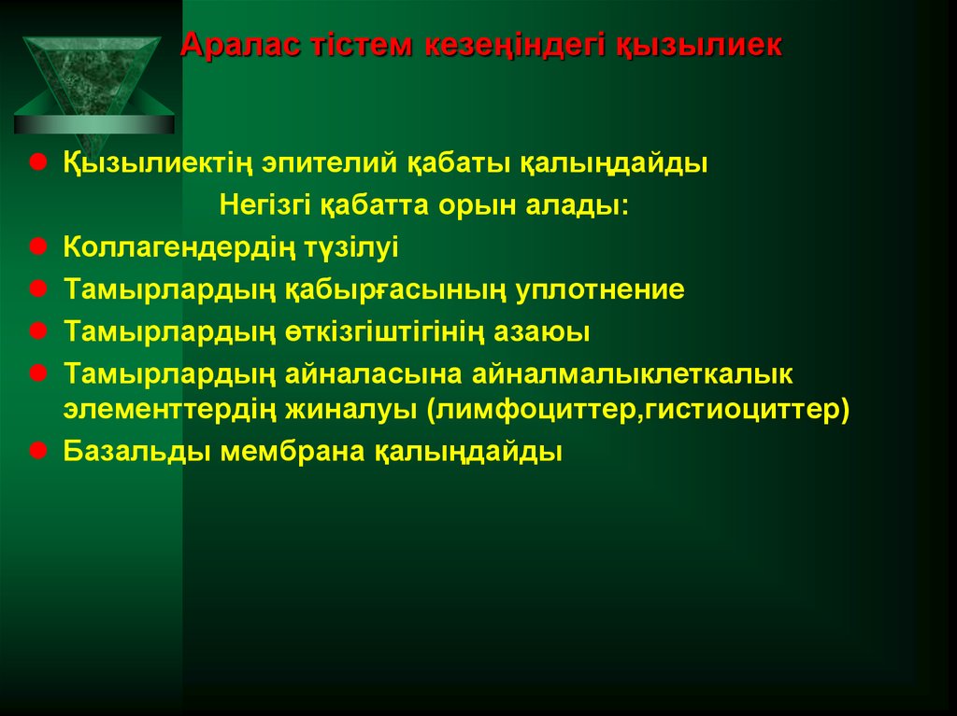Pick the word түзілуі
coord(350,248)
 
